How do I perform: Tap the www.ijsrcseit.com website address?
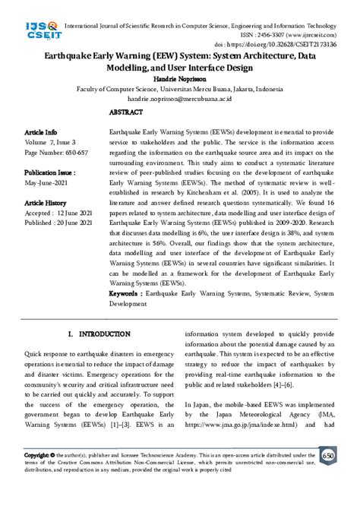coord(313,35)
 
